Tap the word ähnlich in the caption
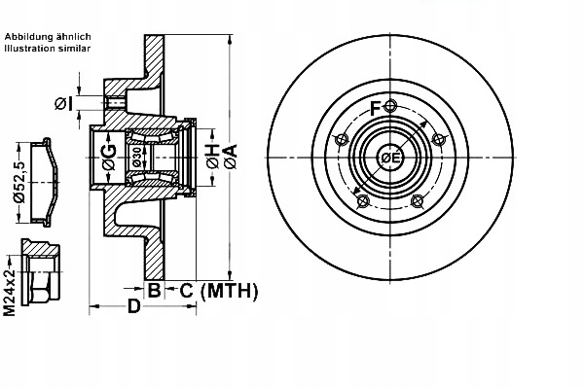tap(73, 36)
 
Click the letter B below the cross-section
tap(154, 290)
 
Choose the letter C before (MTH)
tap(185, 290)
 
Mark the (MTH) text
tap(230, 290)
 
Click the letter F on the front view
tap(377, 106)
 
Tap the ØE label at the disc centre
tap(389, 158)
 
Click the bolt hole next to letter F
tap(390, 106)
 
